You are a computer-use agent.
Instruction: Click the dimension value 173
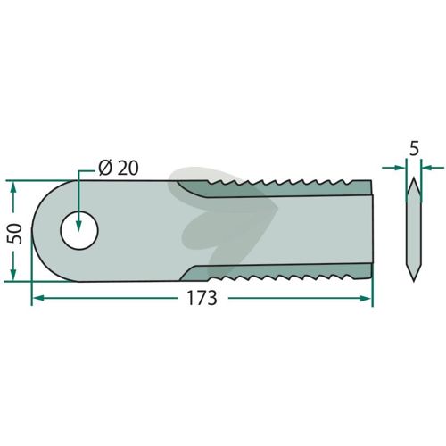coord(202,298)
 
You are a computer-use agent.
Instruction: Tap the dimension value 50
coord(15,234)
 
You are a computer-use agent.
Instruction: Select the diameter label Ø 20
coord(119,169)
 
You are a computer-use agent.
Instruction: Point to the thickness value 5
coord(414,149)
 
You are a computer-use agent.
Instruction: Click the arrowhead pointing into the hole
coord(78,226)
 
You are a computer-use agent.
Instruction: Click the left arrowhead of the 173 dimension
coord(38,298)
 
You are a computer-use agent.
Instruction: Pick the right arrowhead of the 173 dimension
coord(366,298)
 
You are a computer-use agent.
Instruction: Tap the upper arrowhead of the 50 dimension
coord(13,187)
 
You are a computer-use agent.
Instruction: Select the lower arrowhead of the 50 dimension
coord(13,274)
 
